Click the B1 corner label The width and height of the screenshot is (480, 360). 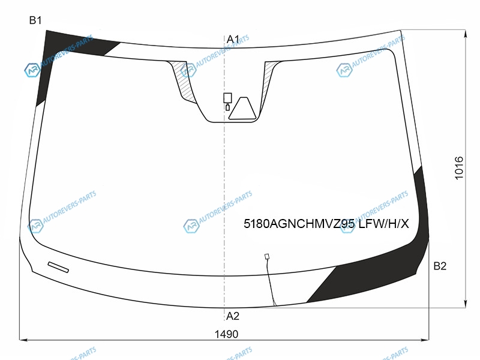(x=35, y=20)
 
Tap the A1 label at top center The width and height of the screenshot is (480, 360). (x=233, y=39)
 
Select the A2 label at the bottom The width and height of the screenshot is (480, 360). (x=233, y=316)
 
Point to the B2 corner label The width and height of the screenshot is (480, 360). (x=440, y=266)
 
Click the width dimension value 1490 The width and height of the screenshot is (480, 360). (x=226, y=334)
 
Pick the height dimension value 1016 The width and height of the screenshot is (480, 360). (x=459, y=168)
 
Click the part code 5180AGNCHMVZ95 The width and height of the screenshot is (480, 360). (x=299, y=224)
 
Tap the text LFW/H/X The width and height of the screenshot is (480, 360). (x=383, y=224)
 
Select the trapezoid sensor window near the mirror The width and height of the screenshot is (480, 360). (x=242, y=109)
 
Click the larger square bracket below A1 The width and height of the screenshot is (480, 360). (x=227, y=98)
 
